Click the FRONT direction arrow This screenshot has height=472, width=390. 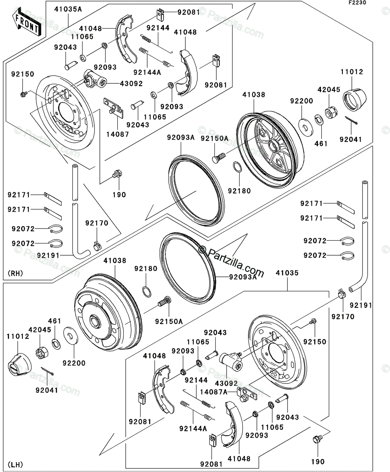[x=26, y=23]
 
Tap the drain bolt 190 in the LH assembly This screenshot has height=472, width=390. [x=317, y=440]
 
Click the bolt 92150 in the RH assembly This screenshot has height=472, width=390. [x=23, y=94]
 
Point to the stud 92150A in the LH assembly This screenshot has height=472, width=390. [x=164, y=303]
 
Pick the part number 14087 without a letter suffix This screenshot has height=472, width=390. [x=114, y=133]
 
